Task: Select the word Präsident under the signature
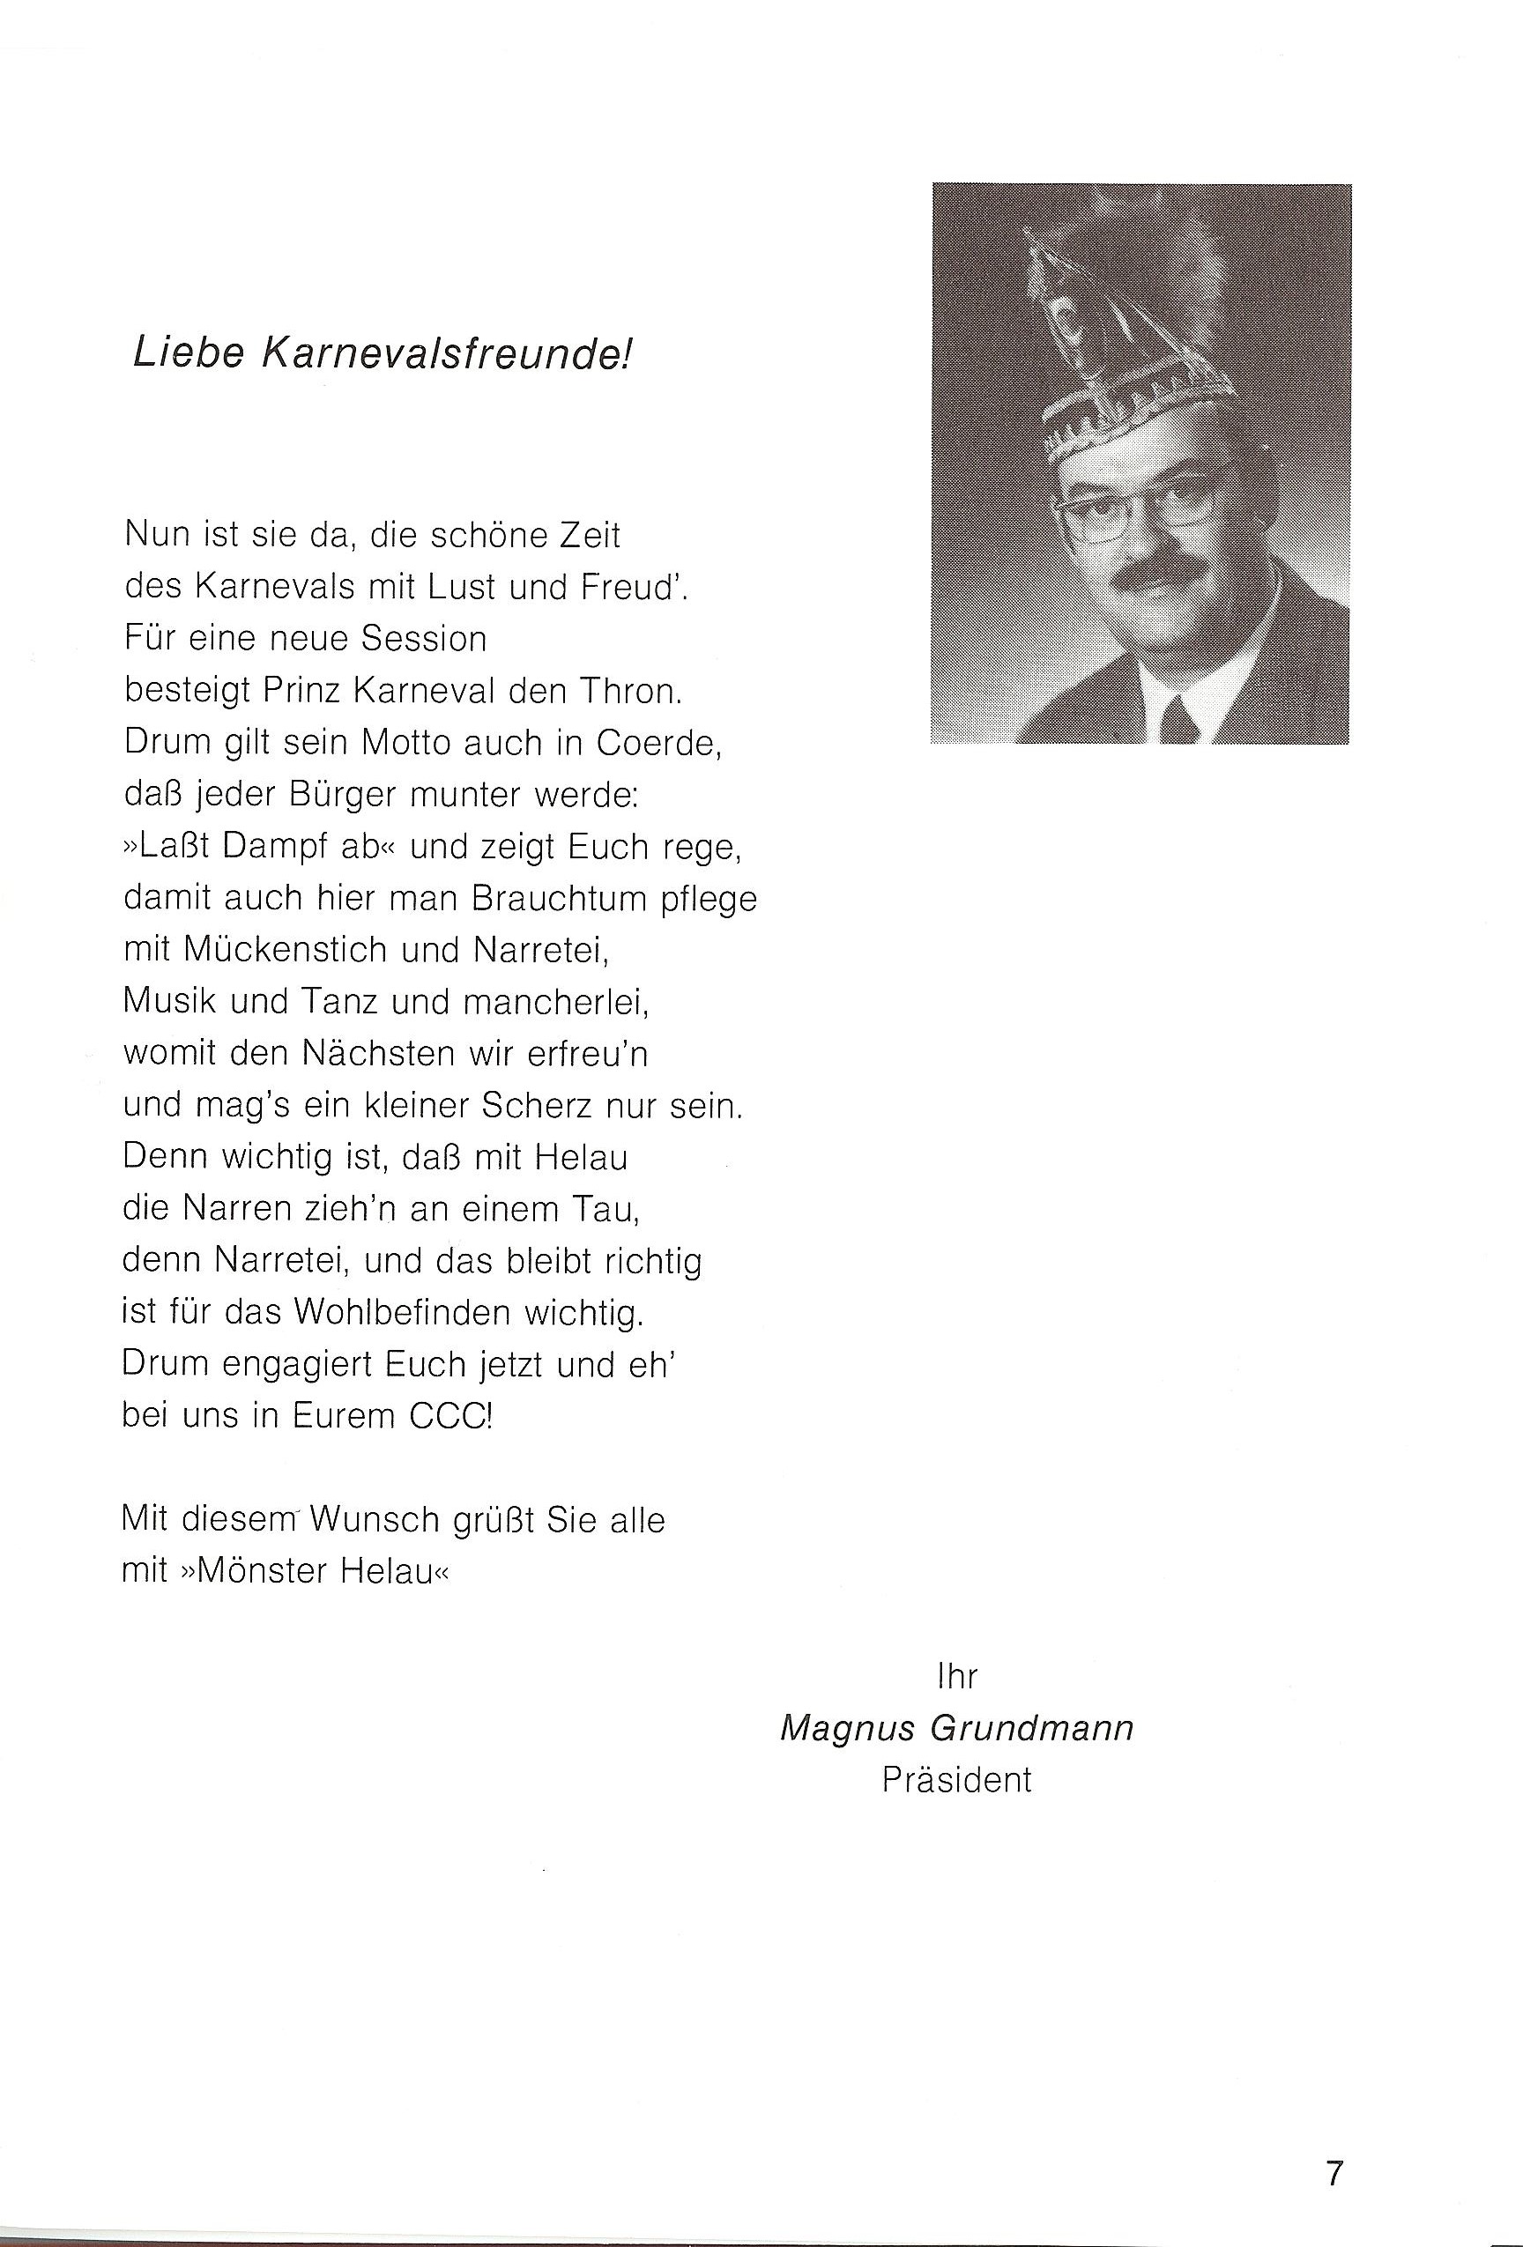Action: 956,1780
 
